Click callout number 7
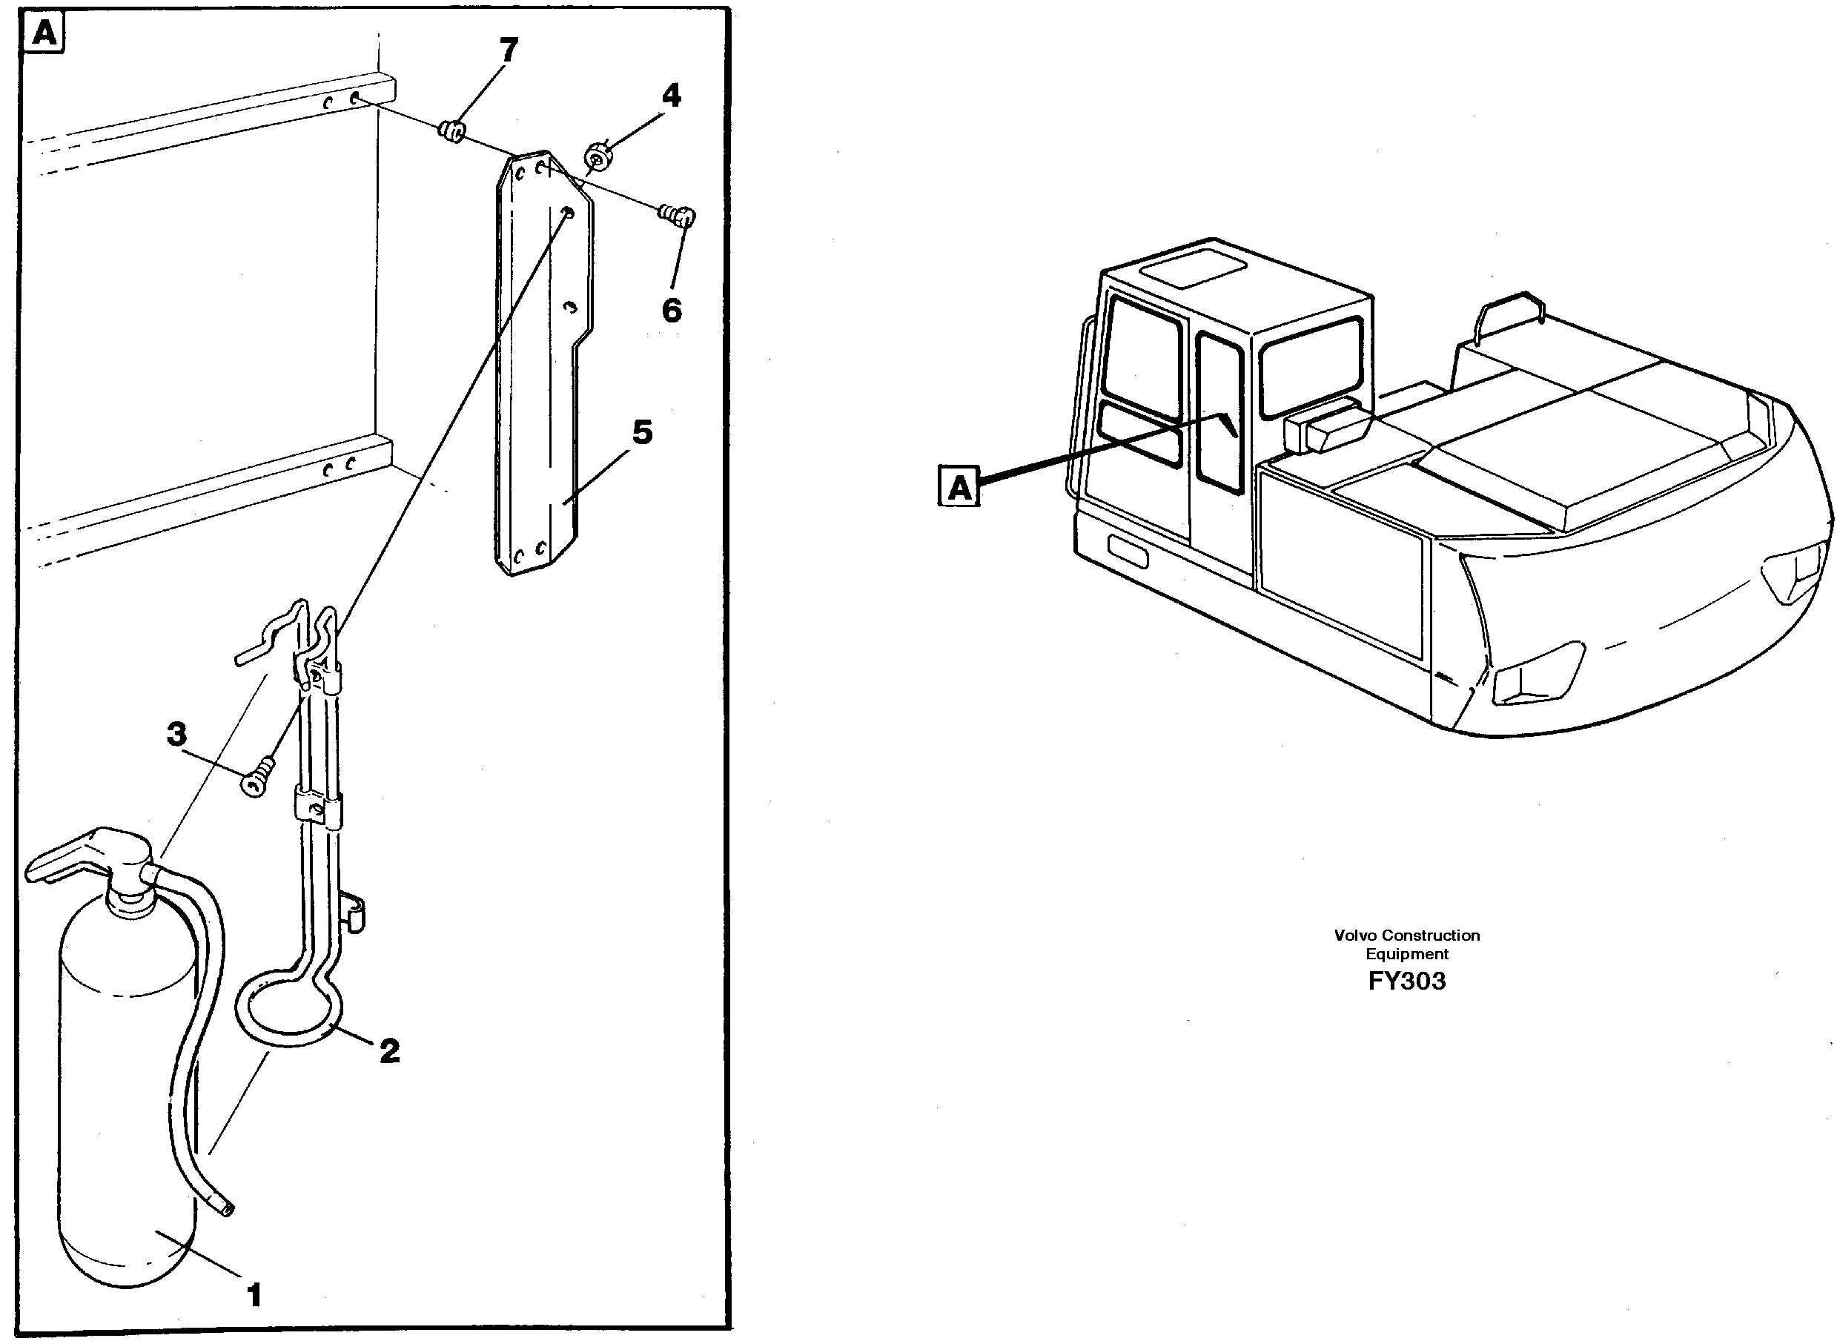click(508, 51)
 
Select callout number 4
click(670, 96)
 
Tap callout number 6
click(671, 310)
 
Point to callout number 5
click(642, 432)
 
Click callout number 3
click(176, 734)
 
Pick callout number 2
click(390, 1051)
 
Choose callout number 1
click(254, 1294)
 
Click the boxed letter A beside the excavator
click(959, 487)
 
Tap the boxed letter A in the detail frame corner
click(45, 35)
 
